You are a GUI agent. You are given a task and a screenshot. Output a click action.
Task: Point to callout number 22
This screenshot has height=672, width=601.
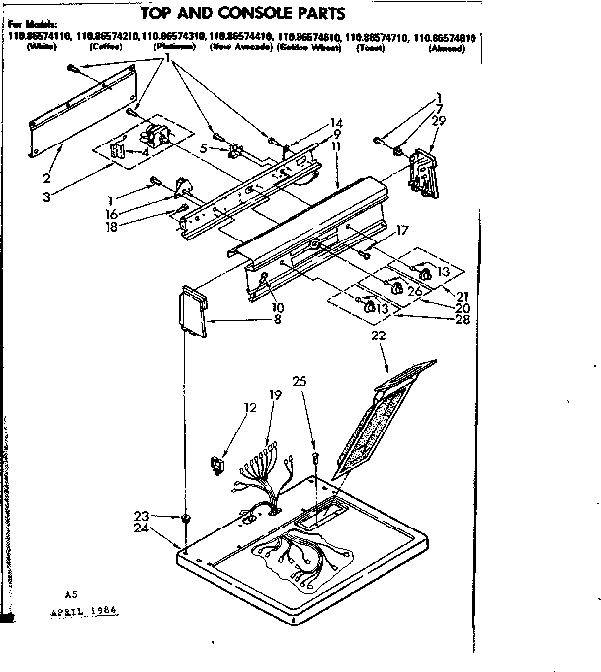(x=377, y=337)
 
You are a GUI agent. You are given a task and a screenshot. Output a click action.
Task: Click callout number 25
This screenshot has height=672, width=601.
(x=300, y=381)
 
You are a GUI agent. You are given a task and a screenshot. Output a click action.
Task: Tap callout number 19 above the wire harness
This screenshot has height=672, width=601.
(x=276, y=395)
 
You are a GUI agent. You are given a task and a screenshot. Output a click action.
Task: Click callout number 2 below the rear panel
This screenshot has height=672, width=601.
(x=46, y=179)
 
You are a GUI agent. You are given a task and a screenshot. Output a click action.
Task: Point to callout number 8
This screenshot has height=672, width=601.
(x=277, y=319)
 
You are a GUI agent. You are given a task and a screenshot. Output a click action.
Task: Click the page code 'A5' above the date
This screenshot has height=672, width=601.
(x=70, y=594)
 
